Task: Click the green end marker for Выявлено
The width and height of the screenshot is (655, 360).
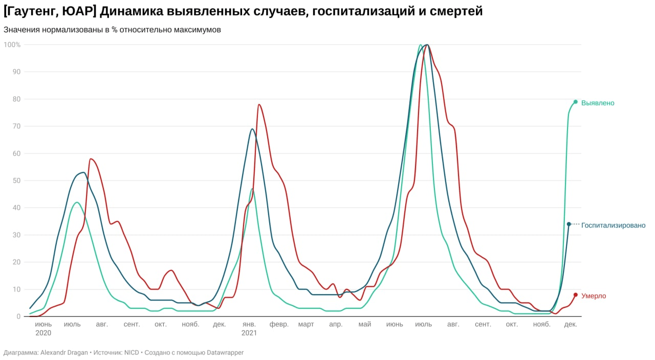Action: coord(575,102)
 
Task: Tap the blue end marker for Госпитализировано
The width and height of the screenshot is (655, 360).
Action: coord(569,224)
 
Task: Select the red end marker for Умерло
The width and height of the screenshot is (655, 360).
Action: coord(575,295)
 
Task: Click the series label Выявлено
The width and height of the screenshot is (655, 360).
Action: coord(598,103)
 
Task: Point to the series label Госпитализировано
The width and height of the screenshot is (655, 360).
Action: coord(613,226)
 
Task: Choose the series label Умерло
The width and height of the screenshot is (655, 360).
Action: coord(594,296)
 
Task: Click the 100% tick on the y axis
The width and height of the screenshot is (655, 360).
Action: coord(12,45)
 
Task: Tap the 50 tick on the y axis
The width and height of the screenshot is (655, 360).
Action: coord(16,181)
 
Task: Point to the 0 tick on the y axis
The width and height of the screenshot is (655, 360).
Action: coord(18,317)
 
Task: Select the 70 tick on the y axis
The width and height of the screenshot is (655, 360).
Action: coord(16,126)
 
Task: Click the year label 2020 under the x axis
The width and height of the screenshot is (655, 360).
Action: coord(43,333)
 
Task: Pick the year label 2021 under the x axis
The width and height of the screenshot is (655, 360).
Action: coord(249,333)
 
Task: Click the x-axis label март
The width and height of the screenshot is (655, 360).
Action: coord(306,324)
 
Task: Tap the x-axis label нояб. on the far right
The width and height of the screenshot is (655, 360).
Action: coord(541,324)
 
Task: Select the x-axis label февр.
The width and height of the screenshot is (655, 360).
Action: coord(279,324)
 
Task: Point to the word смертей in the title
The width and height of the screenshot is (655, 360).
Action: coord(454,11)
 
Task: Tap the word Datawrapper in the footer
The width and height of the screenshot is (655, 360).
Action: coord(225,352)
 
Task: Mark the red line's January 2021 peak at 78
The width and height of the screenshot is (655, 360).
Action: coord(259,105)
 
